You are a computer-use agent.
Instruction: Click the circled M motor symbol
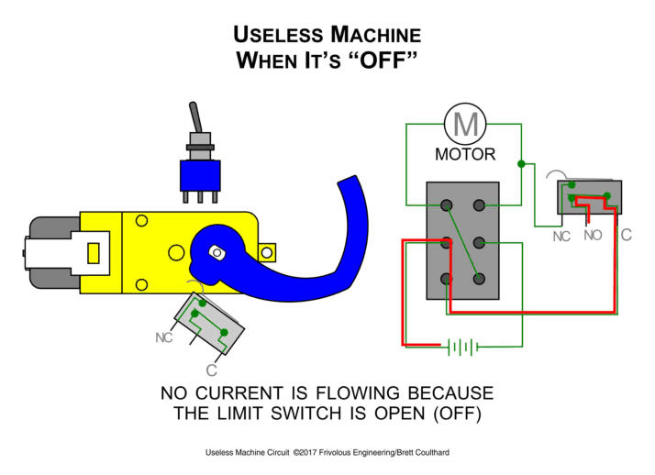[x=467, y=123]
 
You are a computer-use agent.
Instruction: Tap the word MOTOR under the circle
[x=465, y=155]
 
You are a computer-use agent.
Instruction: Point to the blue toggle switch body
[x=199, y=174]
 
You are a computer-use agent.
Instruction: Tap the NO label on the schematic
[x=593, y=236]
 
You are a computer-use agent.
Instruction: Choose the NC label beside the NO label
[x=561, y=237]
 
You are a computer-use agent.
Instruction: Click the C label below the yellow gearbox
[x=211, y=370]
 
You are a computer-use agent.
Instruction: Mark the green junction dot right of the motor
[x=521, y=164]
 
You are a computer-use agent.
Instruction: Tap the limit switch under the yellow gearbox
[x=210, y=322]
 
